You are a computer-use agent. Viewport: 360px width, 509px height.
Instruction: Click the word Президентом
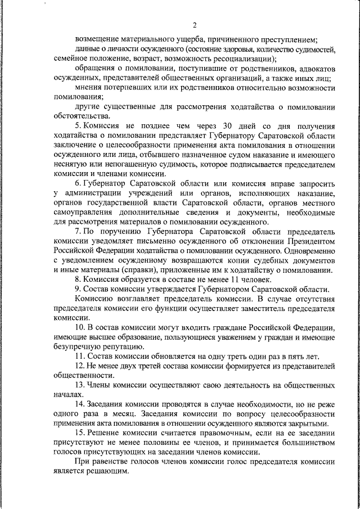312,241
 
